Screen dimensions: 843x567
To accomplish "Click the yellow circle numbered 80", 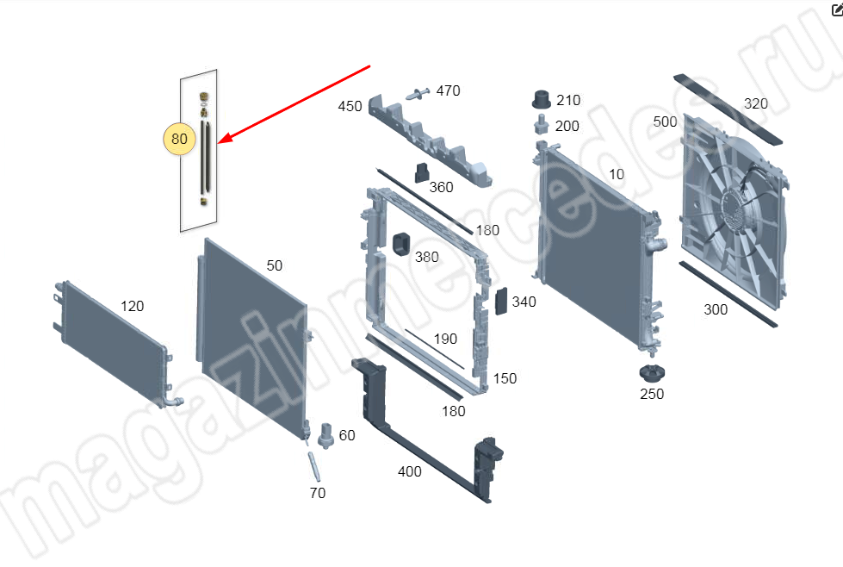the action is (x=179, y=139).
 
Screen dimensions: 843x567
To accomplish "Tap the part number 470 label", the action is (x=448, y=90).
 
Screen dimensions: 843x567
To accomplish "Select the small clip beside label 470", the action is (x=418, y=94).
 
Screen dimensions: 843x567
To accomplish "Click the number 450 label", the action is (x=350, y=106).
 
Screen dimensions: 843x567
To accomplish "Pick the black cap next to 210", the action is (x=541, y=99).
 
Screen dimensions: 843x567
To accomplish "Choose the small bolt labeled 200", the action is (x=541, y=125).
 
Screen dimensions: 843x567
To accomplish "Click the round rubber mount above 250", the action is (x=652, y=373).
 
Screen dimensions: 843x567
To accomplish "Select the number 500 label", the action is (x=665, y=121).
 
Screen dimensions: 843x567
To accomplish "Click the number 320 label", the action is (x=755, y=103).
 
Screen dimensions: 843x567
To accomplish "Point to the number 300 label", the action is (x=716, y=309).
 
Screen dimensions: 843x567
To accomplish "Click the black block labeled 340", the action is (x=501, y=302).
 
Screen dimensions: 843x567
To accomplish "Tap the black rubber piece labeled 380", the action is (x=401, y=246).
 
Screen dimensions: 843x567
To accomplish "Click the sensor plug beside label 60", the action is (x=325, y=435).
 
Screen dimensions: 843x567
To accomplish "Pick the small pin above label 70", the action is (x=314, y=466).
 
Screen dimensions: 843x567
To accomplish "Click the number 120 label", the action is (x=132, y=306).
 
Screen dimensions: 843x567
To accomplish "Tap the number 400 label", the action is (x=409, y=471).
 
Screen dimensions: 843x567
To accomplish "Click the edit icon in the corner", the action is (x=837, y=9).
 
